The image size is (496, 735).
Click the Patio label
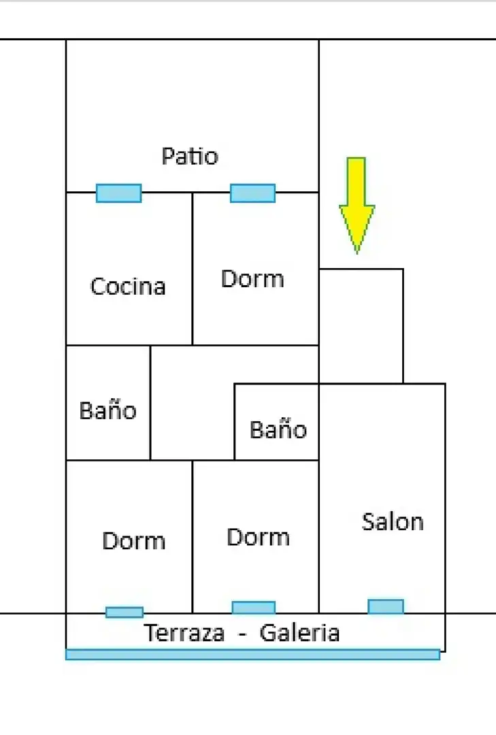tap(190, 157)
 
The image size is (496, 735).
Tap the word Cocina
tap(128, 287)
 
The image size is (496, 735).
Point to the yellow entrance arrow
tap(357, 206)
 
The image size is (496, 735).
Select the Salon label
tap(393, 522)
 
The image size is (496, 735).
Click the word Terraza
tap(184, 633)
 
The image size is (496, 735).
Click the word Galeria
tap(299, 633)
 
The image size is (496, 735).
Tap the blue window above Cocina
tap(118, 193)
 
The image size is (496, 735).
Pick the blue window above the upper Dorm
tap(252, 193)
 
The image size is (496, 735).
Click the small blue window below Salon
tap(386, 606)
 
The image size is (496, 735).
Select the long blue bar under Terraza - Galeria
tap(252, 655)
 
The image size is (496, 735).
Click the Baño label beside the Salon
tap(278, 430)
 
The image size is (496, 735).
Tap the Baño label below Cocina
tap(108, 410)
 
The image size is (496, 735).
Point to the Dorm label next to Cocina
tap(252, 279)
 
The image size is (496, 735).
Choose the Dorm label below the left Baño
tap(133, 541)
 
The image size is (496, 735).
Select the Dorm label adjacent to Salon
tap(259, 537)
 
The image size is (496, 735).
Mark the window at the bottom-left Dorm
tap(125, 612)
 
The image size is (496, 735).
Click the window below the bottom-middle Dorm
tap(254, 608)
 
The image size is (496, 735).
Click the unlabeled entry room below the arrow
tap(361, 326)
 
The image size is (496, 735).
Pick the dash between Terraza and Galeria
tap(242, 634)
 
